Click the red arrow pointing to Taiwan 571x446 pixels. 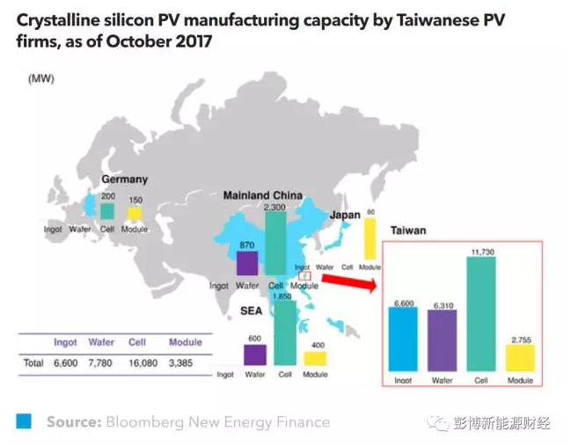pos(348,284)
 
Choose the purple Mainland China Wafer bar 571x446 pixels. pos(247,263)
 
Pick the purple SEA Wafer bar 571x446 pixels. pos(254,355)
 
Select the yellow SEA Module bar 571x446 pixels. pos(314,358)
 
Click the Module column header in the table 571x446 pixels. pos(185,342)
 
